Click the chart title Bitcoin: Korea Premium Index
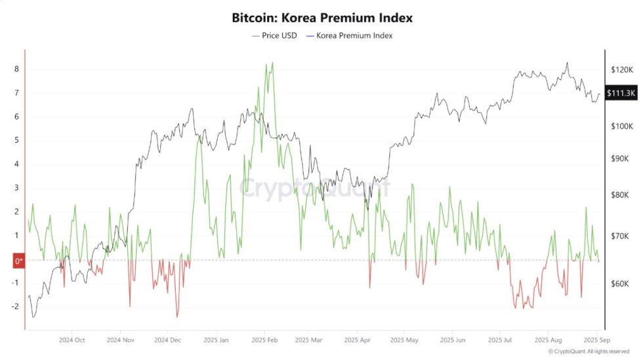(x=322, y=17)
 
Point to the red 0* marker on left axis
(x=19, y=261)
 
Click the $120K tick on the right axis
(x=621, y=69)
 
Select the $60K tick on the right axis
(x=620, y=284)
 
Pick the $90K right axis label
(x=620, y=159)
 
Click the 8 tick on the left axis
(x=16, y=69)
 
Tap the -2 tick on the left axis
(x=15, y=306)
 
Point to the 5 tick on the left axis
(x=16, y=140)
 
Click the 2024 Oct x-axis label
(x=72, y=340)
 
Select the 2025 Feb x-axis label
(x=264, y=340)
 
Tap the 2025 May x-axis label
(x=404, y=340)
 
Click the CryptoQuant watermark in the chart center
(x=314, y=188)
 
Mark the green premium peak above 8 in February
(x=272, y=63)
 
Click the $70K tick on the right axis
(x=620, y=235)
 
